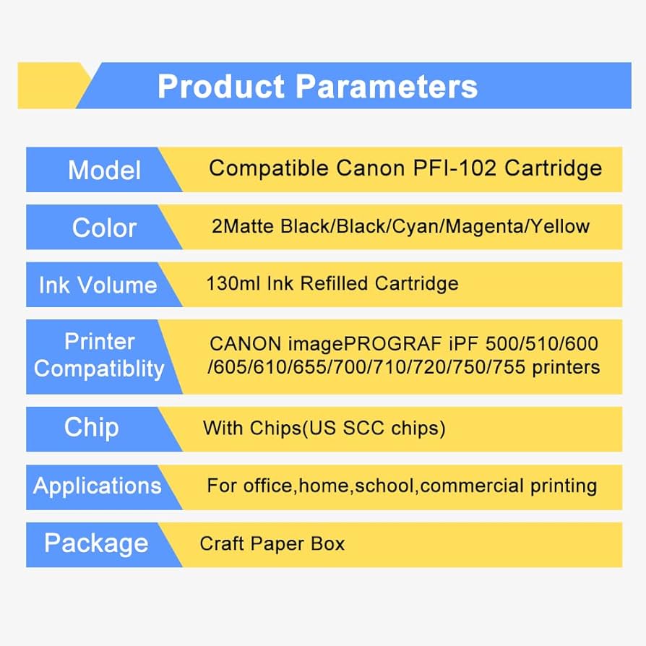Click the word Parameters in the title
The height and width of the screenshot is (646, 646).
[387, 87]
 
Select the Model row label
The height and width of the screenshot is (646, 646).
[104, 170]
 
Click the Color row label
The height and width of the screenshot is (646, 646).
[104, 228]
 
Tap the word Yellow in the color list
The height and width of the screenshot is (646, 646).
[560, 226]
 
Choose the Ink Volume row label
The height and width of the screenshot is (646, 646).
[98, 285]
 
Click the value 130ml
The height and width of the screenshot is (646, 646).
[233, 283]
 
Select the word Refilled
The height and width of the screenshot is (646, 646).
[334, 283]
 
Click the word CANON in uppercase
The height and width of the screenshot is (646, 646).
[245, 344]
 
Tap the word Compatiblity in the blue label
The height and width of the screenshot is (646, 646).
[99, 369]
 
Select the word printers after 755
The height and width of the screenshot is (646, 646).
[566, 367]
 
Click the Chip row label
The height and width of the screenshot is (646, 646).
[92, 428]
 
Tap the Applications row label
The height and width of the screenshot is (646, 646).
[98, 486]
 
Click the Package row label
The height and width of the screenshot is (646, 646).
[96, 543]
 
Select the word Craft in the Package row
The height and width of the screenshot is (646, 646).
[222, 544]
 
